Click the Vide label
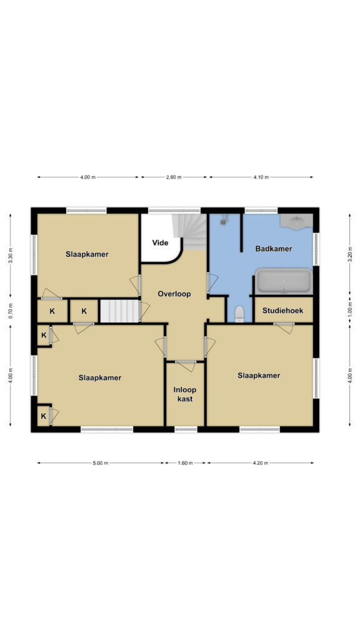click(x=160, y=243)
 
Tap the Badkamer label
click(x=274, y=249)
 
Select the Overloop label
click(x=174, y=294)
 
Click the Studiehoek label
click(x=283, y=311)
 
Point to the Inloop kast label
click(x=185, y=394)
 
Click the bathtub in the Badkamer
click(x=284, y=281)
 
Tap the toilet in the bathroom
click(x=239, y=314)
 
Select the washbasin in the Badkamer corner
click(x=297, y=221)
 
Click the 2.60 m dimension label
click(x=174, y=177)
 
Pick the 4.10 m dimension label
click(x=261, y=177)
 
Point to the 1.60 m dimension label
click(x=185, y=463)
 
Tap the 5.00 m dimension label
click(x=101, y=463)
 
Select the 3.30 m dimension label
click(x=11, y=256)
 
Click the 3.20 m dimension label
click(x=349, y=254)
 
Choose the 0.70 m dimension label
click(x=11, y=311)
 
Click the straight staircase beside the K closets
click(x=119, y=311)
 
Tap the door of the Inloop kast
click(x=186, y=366)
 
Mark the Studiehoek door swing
click(x=284, y=328)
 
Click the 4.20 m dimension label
click(x=261, y=463)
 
